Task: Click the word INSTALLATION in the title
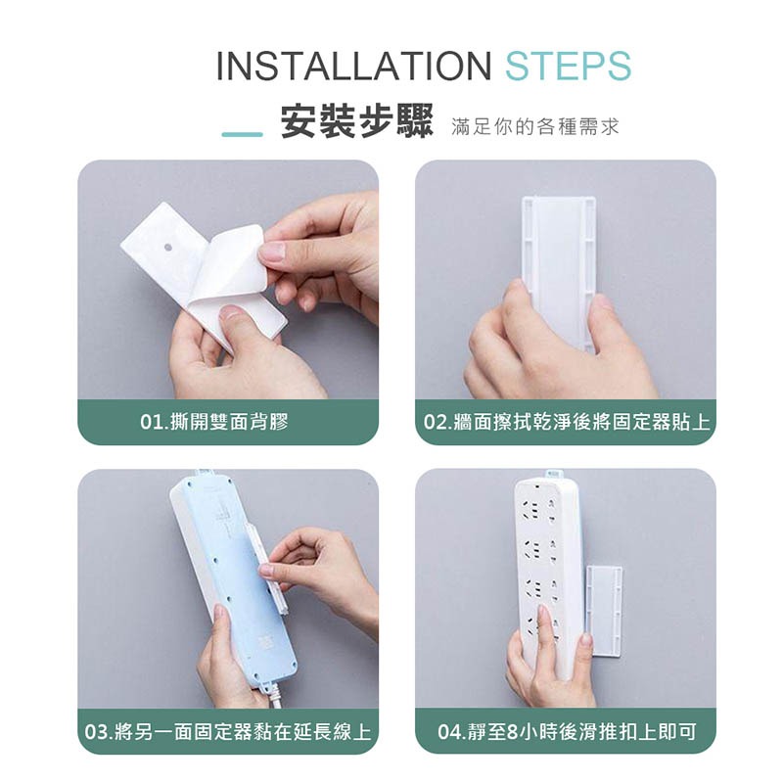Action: coord(354,66)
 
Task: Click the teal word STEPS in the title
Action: coord(569,66)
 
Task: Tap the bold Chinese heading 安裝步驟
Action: coord(356,121)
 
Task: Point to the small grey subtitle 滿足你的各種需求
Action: coord(534,127)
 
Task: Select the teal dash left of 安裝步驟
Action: coord(242,134)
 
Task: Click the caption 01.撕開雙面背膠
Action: coord(214,422)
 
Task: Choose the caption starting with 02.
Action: coord(567,422)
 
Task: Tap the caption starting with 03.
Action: coord(228,732)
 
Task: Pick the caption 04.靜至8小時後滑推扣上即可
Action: coord(567,732)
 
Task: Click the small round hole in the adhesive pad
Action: coord(167,248)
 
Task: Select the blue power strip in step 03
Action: coord(235,579)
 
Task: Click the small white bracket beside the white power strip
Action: coord(604,610)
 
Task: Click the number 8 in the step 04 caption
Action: coord(512,732)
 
